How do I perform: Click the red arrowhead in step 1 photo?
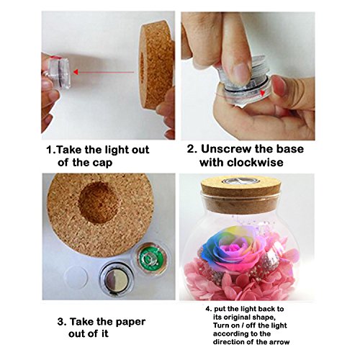tap(76, 72)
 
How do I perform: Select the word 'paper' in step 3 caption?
tap(130, 323)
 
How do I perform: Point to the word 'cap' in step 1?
tap(103, 163)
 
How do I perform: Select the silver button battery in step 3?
tap(117, 279)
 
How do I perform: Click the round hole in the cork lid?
tap(98, 202)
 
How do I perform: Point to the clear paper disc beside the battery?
tap(76, 277)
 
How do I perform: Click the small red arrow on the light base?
tap(264, 93)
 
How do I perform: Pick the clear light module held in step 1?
tap(59, 72)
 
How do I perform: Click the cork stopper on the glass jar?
tap(240, 196)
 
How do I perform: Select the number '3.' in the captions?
tap(62, 322)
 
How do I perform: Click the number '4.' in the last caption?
tap(209, 309)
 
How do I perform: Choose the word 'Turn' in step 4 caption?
tap(220, 325)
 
